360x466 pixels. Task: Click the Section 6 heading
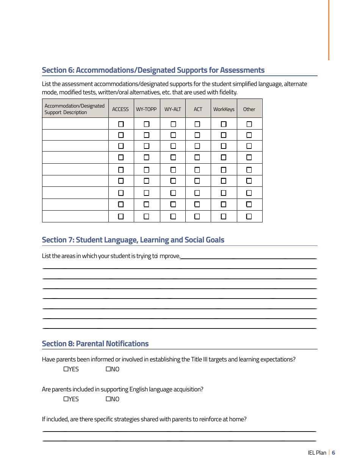(153, 70)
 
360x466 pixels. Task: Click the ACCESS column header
(121, 109)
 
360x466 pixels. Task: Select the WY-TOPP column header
(146, 109)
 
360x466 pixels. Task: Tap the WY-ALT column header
(172, 109)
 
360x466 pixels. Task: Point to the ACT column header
(198, 109)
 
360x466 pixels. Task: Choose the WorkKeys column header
(224, 109)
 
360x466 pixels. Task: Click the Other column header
(249, 109)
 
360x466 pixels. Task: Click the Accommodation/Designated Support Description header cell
(75, 109)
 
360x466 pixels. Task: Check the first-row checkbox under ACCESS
(121, 124)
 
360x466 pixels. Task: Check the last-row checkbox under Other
(249, 216)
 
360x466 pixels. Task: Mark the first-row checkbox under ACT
(197, 124)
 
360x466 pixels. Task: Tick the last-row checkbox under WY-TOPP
(147, 216)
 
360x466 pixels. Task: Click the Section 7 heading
(133, 240)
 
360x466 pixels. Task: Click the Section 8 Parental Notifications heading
(95, 344)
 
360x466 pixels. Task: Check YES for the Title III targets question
(66, 369)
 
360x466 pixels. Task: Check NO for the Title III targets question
(108, 369)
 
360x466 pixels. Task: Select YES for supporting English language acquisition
(66, 399)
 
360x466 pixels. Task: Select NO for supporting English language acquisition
(108, 399)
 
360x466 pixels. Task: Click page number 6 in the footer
(333, 453)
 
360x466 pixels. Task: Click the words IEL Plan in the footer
(317, 453)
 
